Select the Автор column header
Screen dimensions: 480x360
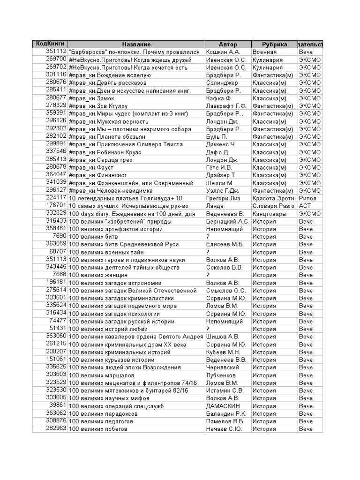pos(228,44)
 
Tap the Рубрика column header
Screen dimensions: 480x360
pos(275,44)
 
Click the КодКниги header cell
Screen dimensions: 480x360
pos(50,44)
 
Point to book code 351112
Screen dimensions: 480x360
pos(56,52)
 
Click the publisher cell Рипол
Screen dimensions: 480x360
pos(307,198)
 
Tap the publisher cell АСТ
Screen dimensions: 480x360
pos(305,206)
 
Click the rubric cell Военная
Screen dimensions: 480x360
pos(264,52)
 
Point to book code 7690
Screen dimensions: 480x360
pos(60,236)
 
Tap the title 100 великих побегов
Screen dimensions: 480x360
pos(95,429)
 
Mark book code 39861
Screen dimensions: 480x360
pos(58,405)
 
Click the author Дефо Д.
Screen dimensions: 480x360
pos(217,152)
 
